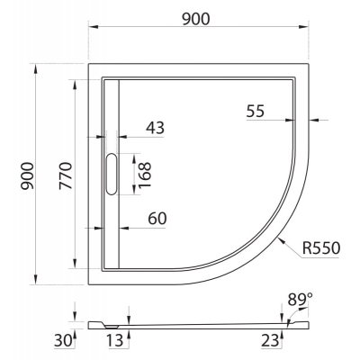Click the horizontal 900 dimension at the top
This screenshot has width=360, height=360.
[x=196, y=19]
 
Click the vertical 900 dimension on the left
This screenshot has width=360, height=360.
[x=27, y=175]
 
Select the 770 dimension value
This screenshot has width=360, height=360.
[x=66, y=175]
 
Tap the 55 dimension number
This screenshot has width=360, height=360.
[x=256, y=111]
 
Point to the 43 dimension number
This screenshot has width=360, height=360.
[x=155, y=128]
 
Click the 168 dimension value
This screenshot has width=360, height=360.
[x=145, y=175]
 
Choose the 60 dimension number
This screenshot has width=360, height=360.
[x=157, y=219]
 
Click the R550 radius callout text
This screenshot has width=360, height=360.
[x=321, y=248]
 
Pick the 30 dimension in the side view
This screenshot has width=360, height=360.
[x=63, y=340]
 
